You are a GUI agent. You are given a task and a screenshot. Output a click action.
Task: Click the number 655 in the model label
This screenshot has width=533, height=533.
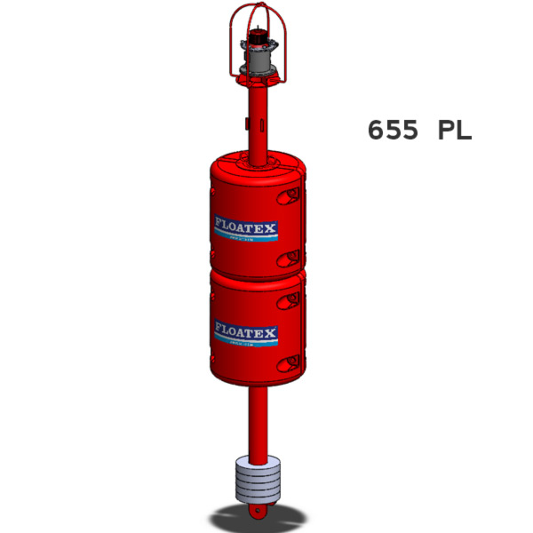click(x=393, y=130)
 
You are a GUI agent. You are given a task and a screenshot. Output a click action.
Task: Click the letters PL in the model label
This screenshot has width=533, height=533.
click(x=454, y=130)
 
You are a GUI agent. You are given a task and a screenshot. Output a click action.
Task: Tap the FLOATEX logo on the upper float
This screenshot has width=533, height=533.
click(x=246, y=229)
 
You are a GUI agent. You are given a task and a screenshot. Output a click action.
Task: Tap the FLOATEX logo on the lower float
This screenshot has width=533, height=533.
click(x=246, y=334)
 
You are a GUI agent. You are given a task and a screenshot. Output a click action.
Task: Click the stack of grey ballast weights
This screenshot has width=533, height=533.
click(x=258, y=480)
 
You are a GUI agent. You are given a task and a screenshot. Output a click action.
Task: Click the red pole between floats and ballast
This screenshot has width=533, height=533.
click(x=258, y=422)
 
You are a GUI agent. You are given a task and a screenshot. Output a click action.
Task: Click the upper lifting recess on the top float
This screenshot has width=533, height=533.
click(x=290, y=195)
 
